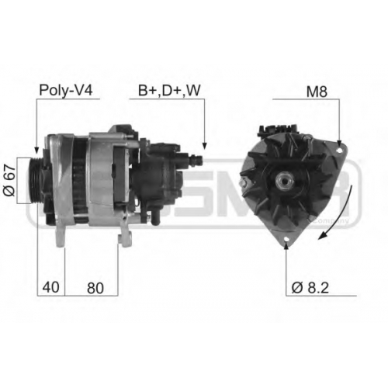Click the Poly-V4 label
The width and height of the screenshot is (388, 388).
tap(65, 91)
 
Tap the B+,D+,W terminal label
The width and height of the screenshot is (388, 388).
tap(169, 91)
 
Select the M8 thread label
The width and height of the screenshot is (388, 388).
tap(317, 92)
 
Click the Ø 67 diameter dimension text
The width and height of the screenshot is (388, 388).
tap(10, 180)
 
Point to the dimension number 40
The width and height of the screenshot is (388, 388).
tap(50, 287)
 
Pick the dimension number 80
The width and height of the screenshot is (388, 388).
tap(95, 288)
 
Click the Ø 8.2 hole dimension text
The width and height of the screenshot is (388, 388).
tap(310, 288)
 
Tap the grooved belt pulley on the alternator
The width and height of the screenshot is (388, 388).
tap(35, 180)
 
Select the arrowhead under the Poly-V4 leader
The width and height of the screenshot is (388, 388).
tap(36, 150)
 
